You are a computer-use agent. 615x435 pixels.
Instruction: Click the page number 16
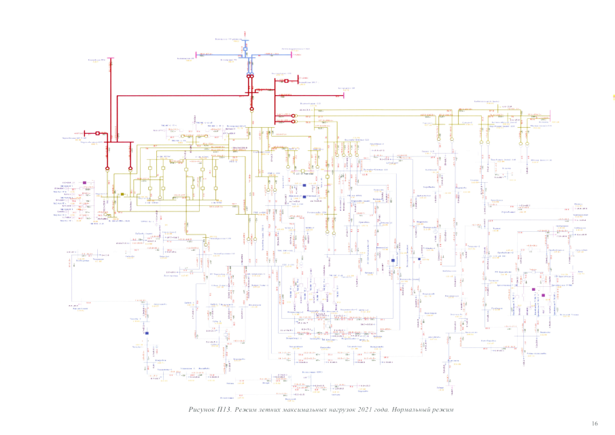[595, 423]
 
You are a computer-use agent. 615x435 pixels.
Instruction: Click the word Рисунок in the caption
[203, 410]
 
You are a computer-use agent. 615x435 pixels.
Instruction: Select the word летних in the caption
[279, 410]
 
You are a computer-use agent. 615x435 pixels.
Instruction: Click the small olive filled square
[122, 194]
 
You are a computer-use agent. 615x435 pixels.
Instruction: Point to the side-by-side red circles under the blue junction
[250, 77]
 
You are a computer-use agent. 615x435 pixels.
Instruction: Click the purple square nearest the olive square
[84, 182]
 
